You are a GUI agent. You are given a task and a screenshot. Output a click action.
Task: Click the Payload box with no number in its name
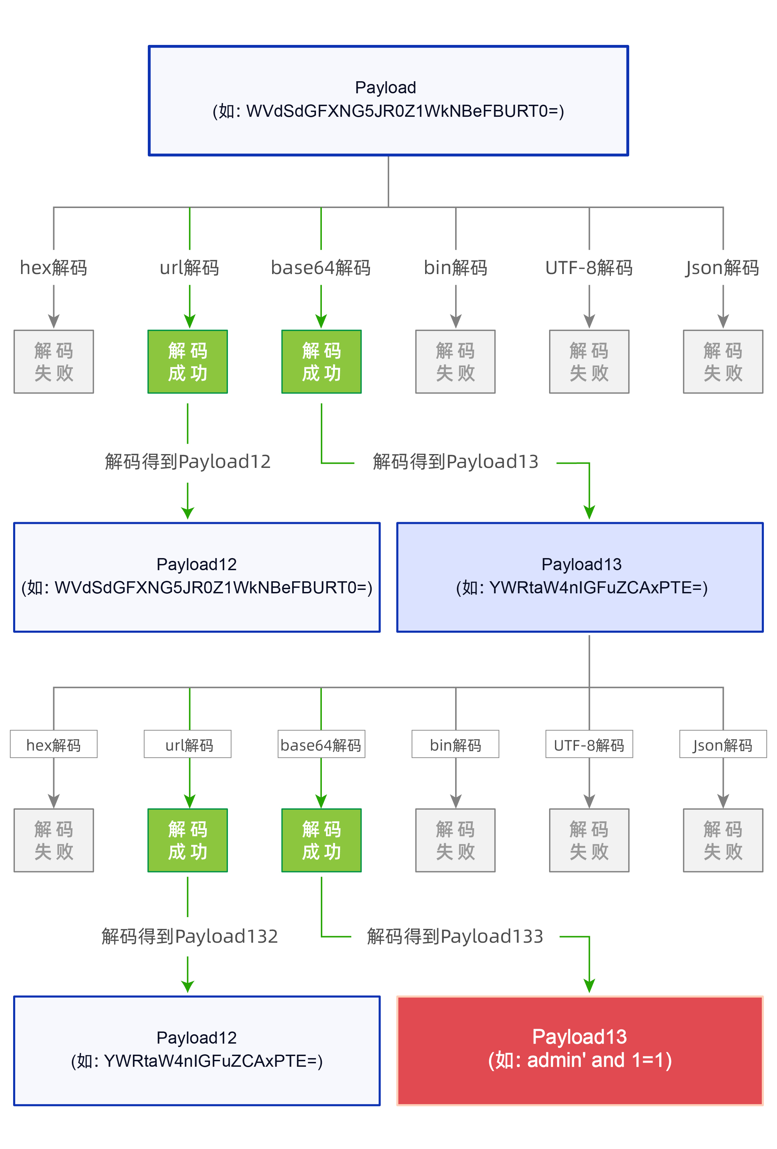click(388, 100)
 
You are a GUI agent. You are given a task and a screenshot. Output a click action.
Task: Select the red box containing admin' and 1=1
click(579, 1050)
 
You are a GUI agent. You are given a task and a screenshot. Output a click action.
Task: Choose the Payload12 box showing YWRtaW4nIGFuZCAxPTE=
click(196, 1050)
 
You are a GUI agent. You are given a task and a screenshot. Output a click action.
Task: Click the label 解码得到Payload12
click(188, 461)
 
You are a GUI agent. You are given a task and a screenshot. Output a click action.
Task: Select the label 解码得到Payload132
click(189, 936)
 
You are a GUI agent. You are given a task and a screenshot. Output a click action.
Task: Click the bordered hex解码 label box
click(53, 744)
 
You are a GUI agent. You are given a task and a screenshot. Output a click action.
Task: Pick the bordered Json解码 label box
click(723, 744)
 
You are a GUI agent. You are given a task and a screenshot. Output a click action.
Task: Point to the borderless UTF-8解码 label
click(589, 267)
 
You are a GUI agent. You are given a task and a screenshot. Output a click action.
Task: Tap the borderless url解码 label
click(189, 267)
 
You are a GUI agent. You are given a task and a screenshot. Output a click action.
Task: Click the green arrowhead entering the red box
click(589, 986)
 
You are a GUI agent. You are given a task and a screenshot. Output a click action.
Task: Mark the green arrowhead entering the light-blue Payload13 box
click(589, 512)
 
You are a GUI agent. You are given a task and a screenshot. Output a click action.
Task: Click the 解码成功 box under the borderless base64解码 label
click(321, 361)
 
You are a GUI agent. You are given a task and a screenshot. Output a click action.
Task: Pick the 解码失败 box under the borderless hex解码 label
click(53, 361)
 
